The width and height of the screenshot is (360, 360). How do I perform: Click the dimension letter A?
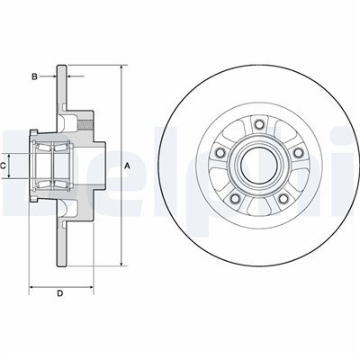(x=128, y=166)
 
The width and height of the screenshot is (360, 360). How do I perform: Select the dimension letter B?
(x=35, y=77)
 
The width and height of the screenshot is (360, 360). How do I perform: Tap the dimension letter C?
(x=5, y=166)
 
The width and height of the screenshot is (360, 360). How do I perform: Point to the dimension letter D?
(x=59, y=293)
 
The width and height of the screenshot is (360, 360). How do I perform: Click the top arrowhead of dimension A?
(x=121, y=67)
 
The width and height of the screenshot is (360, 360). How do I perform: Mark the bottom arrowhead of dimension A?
(x=121, y=264)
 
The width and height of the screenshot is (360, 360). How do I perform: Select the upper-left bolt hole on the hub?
(x=221, y=152)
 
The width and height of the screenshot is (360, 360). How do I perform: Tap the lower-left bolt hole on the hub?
(x=236, y=201)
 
